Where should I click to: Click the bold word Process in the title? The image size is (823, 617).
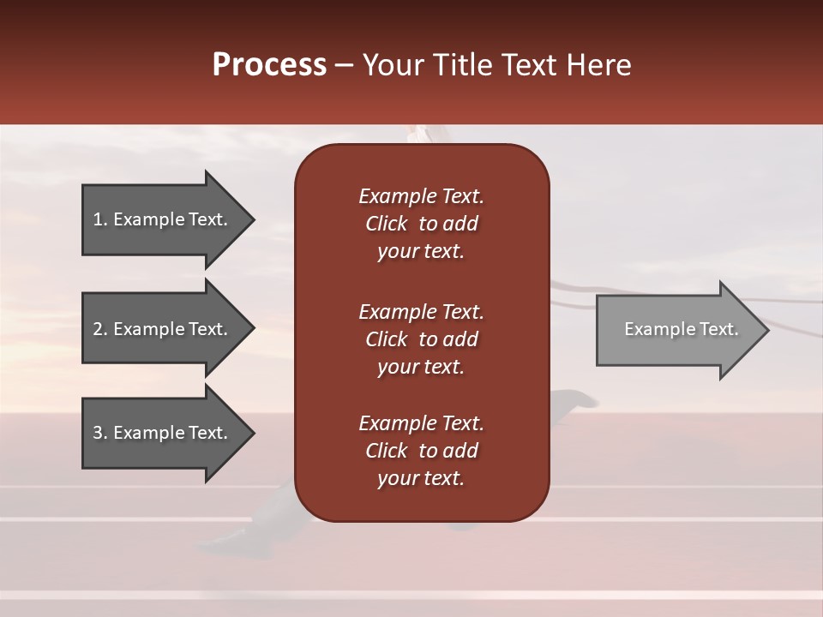(269, 64)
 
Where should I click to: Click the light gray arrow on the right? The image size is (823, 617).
(677, 330)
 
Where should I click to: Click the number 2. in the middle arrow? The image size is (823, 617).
(100, 329)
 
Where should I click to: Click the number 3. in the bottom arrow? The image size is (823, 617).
(100, 433)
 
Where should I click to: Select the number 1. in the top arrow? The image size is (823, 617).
(99, 219)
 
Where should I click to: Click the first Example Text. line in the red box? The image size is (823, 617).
(421, 196)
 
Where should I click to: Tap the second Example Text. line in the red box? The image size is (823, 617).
(421, 312)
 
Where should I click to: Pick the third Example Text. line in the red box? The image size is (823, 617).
(421, 423)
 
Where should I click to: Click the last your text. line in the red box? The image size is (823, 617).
(421, 478)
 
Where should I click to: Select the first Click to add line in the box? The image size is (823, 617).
(421, 224)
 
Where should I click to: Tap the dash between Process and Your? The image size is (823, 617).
(345, 66)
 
